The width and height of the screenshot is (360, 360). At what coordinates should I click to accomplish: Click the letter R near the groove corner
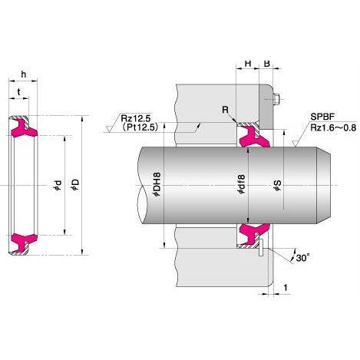226,110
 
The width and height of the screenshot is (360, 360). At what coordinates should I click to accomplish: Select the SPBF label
322,117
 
